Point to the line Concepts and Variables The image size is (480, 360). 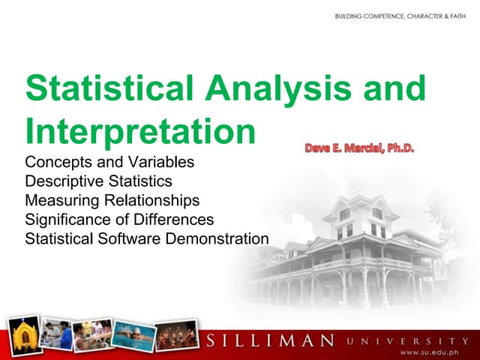(x=109, y=162)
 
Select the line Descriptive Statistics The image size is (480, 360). (x=98, y=181)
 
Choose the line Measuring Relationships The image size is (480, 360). (x=112, y=201)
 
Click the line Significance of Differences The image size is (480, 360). (x=119, y=220)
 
